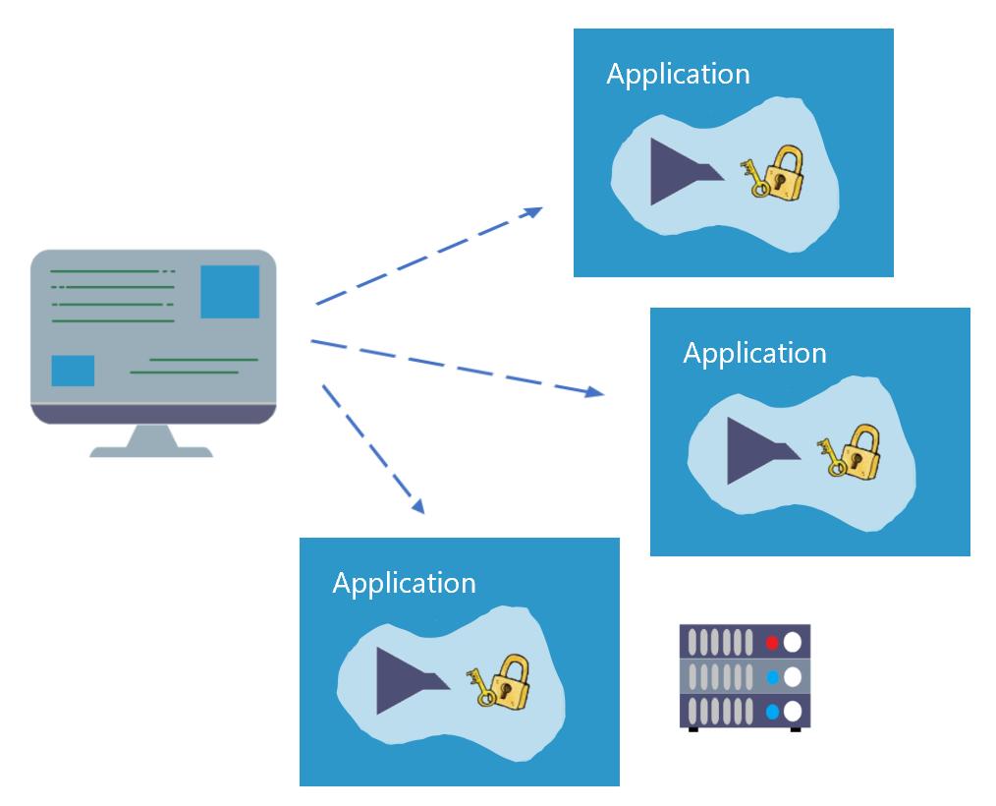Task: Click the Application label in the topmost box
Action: coord(678,75)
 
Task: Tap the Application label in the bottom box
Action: coord(404,583)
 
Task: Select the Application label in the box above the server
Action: coord(754,353)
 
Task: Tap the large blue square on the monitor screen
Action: coord(230,292)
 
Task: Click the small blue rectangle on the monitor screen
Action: coord(73,371)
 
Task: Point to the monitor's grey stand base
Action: coord(151,450)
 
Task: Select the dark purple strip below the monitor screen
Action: coord(152,415)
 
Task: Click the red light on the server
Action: coord(772,643)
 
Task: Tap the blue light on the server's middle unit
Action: coord(772,677)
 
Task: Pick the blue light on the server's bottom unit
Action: coord(772,711)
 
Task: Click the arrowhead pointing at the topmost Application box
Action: coord(533,209)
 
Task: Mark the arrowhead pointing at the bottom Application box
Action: coord(418,506)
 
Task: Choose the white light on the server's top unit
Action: coord(792,643)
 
